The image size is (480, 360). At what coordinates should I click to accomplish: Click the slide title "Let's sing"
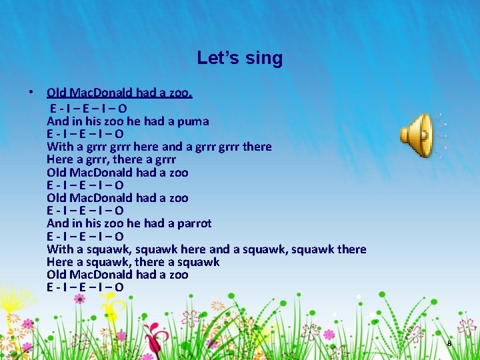coord(240,58)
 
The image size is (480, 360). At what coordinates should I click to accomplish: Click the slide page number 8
coord(449,343)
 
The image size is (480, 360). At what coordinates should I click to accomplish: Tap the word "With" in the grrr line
coord(60,147)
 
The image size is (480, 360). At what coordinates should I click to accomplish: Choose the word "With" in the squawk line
coord(60,249)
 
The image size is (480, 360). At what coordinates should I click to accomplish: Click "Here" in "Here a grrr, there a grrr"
coord(59,159)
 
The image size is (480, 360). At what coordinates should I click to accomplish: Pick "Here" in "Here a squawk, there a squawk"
coord(59,262)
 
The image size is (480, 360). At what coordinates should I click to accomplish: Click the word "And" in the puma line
coord(58,121)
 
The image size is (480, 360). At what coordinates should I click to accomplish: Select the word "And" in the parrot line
coord(58,223)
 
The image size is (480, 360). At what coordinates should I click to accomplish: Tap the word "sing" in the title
coord(265,58)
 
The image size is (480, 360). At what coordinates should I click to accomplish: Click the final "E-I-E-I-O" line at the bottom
coord(85,287)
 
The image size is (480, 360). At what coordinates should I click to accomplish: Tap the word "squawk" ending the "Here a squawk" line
coord(197,262)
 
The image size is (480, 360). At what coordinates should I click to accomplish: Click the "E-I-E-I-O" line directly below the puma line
coord(85,134)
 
